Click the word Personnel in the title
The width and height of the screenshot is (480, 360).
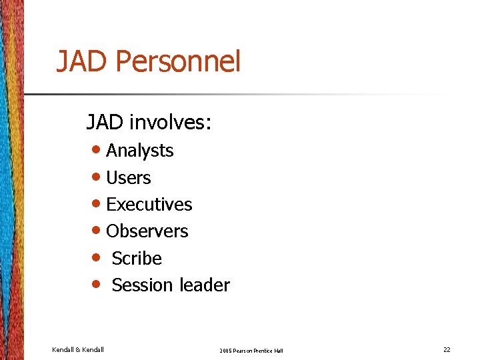[x=177, y=62]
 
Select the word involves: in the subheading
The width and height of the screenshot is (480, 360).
[x=171, y=122]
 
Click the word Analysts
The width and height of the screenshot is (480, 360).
[x=139, y=151]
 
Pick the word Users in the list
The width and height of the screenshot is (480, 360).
[x=128, y=178]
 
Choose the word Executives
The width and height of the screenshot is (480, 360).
[x=149, y=205]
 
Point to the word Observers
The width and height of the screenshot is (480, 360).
[x=147, y=231]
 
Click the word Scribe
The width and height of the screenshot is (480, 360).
[x=137, y=258]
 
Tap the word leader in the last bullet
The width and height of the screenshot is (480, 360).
[x=205, y=285]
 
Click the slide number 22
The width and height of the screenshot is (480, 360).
[x=447, y=350]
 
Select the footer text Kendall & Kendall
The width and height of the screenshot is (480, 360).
[x=77, y=350]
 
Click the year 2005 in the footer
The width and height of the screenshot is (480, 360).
[x=227, y=351]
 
